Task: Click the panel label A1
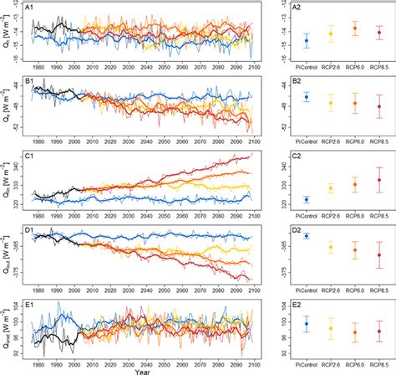tap(30, 8)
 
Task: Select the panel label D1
tap(30, 229)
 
